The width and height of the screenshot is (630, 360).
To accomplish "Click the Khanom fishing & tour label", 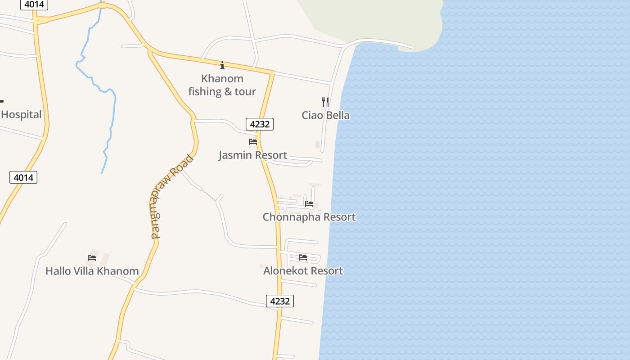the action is (x=222, y=85).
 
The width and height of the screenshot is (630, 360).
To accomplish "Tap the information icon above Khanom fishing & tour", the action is (x=222, y=66).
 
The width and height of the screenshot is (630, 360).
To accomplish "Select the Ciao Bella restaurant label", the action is (x=325, y=115).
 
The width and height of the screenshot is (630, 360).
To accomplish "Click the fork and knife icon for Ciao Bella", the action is (x=325, y=102).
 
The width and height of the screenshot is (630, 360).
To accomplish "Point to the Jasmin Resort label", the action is (x=252, y=155).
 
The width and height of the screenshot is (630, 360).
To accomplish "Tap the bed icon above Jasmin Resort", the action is (x=253, y=142).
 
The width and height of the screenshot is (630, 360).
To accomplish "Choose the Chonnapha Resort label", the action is (x=309, y=217).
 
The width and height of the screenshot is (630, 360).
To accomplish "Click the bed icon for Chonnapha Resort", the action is (x=309, y=204).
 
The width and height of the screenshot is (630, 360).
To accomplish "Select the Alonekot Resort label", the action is (x=303, y=271).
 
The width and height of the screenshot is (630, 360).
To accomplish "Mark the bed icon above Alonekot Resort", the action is (x=303, y=257).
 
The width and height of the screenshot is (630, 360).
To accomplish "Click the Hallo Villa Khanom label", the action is (x=92, y=271).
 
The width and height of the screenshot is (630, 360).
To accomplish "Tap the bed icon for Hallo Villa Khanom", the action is (x=92, y=258).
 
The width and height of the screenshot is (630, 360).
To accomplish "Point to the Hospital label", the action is (x=21, y=115).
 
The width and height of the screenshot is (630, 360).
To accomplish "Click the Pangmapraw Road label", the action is (x=171, y=197).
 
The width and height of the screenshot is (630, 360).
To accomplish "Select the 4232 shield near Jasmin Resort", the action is (x=260, y=124).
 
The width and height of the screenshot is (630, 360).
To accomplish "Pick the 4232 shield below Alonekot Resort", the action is (x=279, y=301).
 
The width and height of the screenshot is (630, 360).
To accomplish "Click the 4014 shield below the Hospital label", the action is (x=23, y=177).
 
